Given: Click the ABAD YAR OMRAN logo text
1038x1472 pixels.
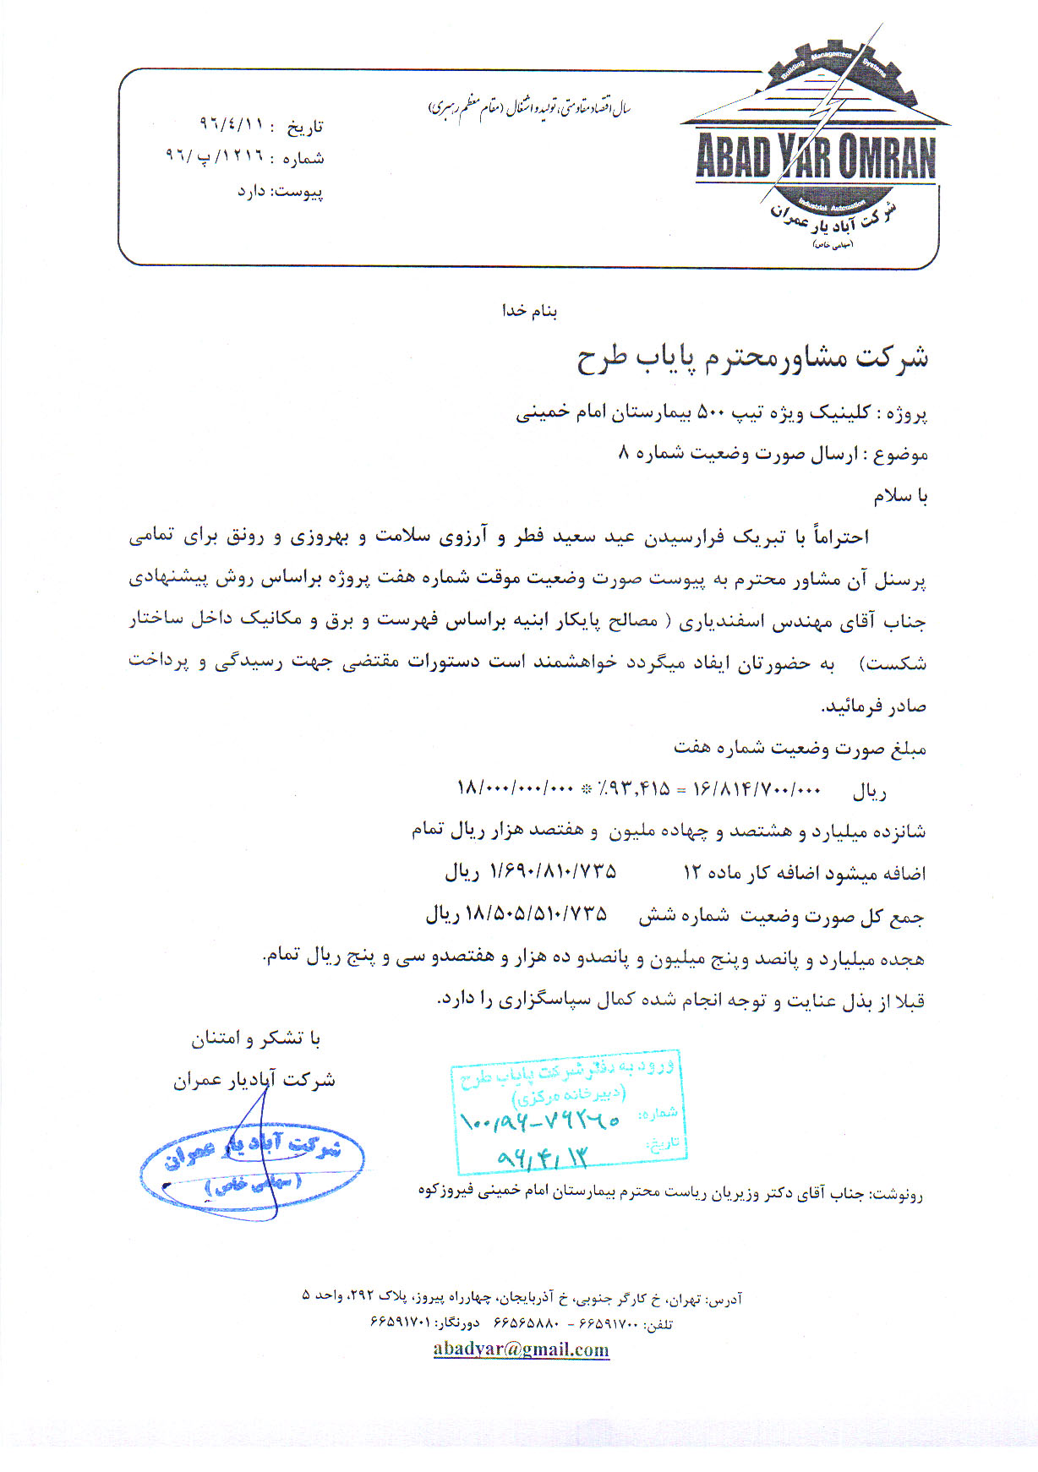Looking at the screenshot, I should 816,157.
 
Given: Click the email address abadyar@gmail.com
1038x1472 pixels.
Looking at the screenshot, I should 521,1349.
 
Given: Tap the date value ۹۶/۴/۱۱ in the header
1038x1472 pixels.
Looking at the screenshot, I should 232,124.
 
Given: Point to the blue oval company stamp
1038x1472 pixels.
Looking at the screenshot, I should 252,1167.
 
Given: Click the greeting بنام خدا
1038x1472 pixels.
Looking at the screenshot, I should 530,311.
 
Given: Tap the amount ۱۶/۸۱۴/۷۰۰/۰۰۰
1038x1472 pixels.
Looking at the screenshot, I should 757,789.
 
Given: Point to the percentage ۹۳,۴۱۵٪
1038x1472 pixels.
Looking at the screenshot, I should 634,789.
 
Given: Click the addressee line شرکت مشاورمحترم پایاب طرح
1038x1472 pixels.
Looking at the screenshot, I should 752,357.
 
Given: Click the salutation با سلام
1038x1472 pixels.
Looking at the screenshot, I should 900,496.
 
